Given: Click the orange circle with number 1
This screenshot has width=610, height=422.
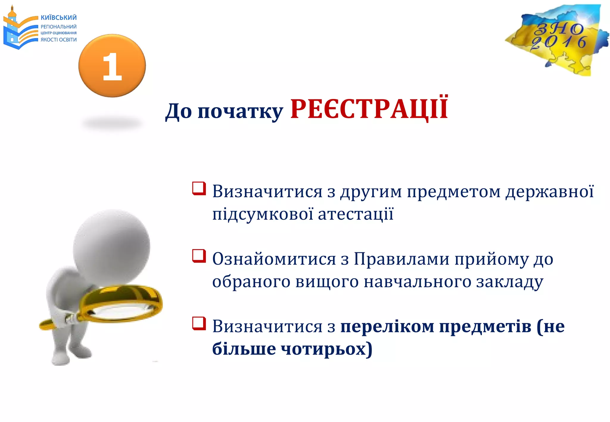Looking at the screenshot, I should click(112, 66).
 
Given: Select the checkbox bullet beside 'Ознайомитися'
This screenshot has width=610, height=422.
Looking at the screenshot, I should click(199, 256).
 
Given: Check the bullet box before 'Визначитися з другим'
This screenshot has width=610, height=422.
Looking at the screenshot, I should click(199, 189).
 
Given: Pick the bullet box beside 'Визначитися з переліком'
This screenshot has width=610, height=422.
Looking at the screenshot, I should click(199, 324).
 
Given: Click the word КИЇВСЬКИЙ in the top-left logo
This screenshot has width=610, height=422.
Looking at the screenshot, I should click(59, 18).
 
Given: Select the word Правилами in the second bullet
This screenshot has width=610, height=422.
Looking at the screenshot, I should click(402, 259).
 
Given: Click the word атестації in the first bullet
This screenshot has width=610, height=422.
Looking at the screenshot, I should click(356, 214).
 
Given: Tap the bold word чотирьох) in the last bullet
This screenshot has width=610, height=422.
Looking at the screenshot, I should click(326, 349).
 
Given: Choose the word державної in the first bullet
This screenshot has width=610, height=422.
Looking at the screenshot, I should click(550, 192).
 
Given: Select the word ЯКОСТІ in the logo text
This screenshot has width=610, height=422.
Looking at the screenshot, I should click(49, 40).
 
